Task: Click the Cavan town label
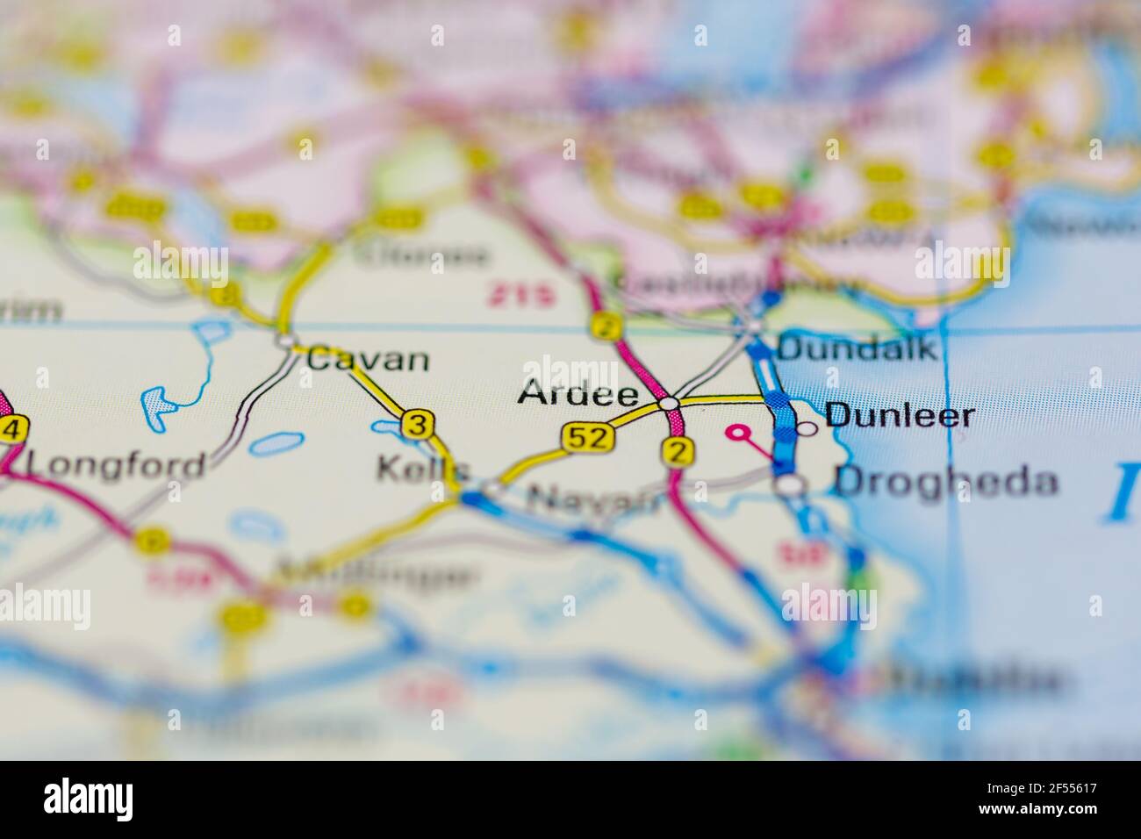[x=369, y=359]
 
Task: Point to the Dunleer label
[x=901, y=415]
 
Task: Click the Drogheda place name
[x=945, y=482]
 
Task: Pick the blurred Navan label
[x=593, y=500]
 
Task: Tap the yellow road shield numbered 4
[x=11, y=430]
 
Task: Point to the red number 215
[x=522, y=296]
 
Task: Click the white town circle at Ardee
[x=669, y=403]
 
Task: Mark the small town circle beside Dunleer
[x=806, y=429]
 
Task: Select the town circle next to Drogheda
[x=791, y=484]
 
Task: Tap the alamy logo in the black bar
[x=89, y=799]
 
